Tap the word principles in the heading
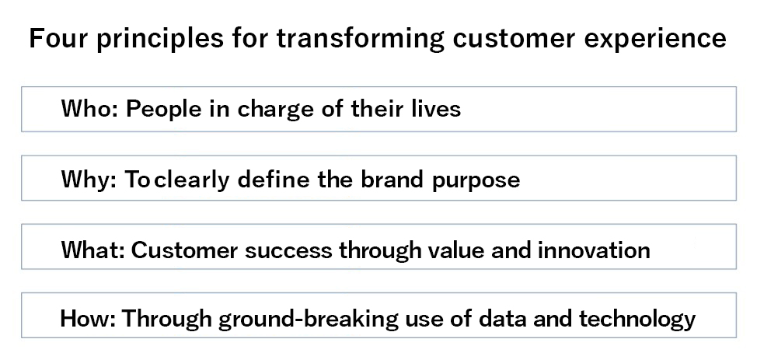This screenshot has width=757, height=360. (x=160, y=40)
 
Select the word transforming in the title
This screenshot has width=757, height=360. (x=360, y=40)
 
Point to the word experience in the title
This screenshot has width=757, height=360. (x=655, y=40)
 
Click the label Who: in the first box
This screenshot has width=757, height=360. (x=90, y=108)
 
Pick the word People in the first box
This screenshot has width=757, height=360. (x=164, y=109)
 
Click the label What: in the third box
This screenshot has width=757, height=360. (x=92, y=250)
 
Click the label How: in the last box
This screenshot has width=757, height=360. (x=87, y=319)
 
